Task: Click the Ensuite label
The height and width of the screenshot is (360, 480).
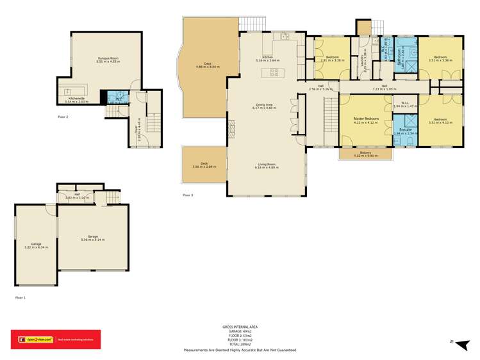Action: click(x=405, y=131)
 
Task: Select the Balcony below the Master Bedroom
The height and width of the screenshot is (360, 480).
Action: click(x=365, y=154)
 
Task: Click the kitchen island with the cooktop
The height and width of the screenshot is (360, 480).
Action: click(x=274, y=72)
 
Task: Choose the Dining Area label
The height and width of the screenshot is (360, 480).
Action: click(x=265, y=106)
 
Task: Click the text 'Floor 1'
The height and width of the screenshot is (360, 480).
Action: click(x=21, y=298)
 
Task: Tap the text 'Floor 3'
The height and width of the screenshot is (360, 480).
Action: click(x=188, y=195)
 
